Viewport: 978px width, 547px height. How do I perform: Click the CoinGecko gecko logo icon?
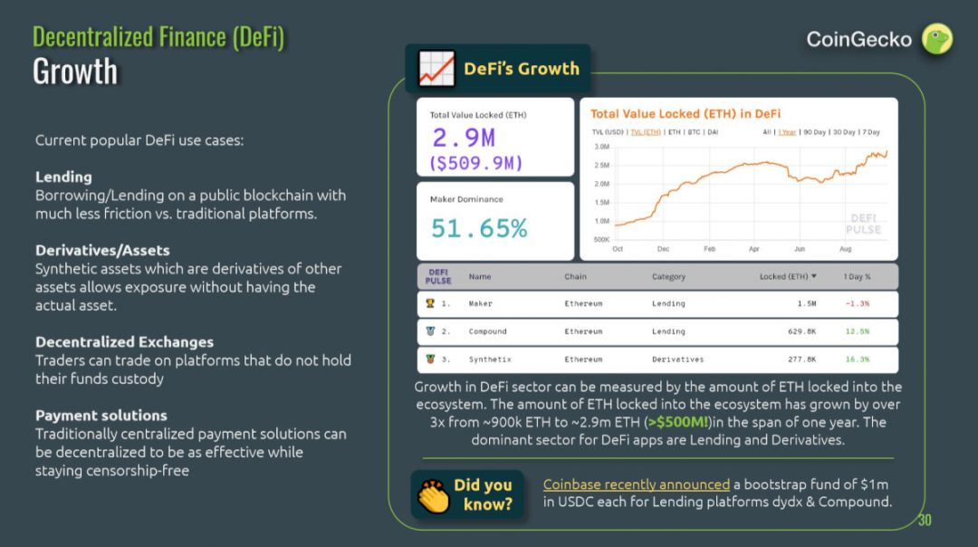[937, 39]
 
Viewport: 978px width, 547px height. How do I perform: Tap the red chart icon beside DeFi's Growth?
[436, 69]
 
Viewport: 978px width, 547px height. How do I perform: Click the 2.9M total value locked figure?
[464, 138]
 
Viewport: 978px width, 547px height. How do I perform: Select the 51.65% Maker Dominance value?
[479, 228]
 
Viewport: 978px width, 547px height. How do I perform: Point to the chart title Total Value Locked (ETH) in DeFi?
[686, 113]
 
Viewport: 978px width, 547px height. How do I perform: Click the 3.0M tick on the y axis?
[601, 146]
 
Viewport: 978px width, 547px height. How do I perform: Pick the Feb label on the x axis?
[709, 248]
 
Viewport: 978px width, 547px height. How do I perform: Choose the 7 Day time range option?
[871, 132]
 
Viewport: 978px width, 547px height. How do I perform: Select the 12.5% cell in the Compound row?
[857, 331]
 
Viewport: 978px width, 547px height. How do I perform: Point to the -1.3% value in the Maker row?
[857, 303]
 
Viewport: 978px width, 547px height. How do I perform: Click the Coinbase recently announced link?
[636, 485]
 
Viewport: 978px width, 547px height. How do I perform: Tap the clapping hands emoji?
[433, 495]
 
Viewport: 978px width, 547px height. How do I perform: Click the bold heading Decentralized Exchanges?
[124, 341]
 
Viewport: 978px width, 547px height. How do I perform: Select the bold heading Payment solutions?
[101, 415]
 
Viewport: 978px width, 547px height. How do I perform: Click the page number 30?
[924, 520]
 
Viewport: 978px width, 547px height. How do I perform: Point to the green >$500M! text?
[677, 422]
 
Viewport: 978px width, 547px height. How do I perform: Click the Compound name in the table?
[487, 331]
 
